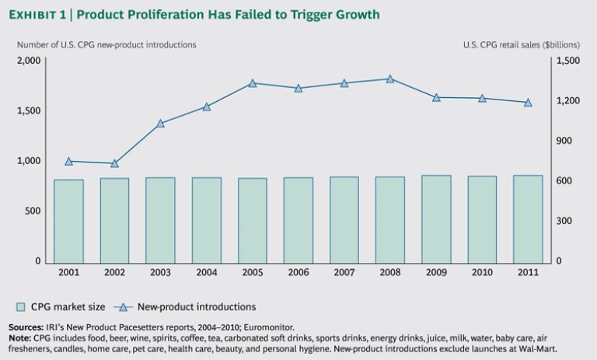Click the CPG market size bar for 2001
click(x=68, y=221)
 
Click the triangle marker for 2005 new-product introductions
click(x=253, y=83)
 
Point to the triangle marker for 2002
click(x=115, y=164)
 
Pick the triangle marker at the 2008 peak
click(x=390, y=79)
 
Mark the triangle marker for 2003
click(x=161, y=124)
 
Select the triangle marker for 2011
click(x=528, y=103)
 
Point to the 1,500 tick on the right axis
click(x=569, y=61)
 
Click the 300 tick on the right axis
click(x=566, y=222)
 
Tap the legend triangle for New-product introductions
click(x=124, y=307)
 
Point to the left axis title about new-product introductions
click(x=106, y=44)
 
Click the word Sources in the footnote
click(x=26, y=327)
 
